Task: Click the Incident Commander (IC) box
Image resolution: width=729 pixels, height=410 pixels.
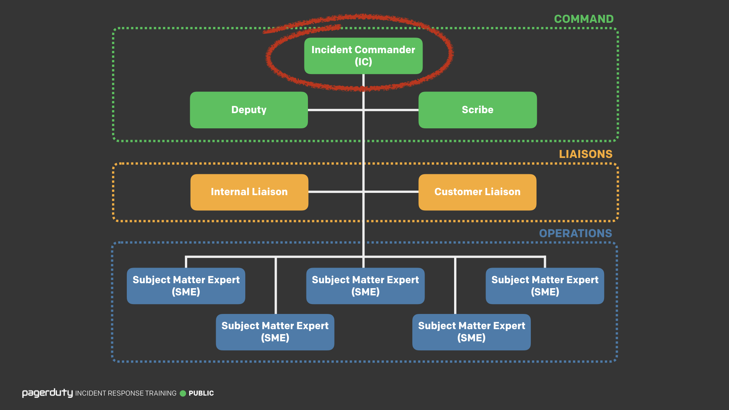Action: click(363, 56)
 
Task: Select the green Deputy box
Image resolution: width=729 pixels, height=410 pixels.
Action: click(249, 110)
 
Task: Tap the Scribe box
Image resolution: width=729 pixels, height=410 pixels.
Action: click(477, 110)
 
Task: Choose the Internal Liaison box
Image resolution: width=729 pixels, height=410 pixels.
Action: click(249, 192)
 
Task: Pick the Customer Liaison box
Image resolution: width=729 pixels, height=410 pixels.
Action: click(477, 192)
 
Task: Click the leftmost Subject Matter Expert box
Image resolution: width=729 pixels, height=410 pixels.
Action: click(186, 286)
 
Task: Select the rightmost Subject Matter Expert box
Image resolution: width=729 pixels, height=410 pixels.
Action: click(544, 286)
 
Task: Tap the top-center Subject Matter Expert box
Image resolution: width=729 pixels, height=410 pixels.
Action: click(365, 286)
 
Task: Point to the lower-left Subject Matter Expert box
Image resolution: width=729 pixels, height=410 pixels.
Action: click(275, 332)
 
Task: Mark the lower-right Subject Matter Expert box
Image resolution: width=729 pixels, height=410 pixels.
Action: click(471, 332)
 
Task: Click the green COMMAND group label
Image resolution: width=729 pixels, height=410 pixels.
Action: click(584, 19)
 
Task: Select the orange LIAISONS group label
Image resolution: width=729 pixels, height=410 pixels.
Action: click(585, 154)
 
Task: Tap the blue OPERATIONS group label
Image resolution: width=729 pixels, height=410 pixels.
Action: click(575, 233)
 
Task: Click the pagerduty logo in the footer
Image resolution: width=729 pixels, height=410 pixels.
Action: click(47, 393)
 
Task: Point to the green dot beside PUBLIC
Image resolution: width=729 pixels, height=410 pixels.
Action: click(183, 393)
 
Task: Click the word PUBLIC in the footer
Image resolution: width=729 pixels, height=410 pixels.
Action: click(201, 393)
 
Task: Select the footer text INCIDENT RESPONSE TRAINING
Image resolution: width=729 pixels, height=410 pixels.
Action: click(126, 393)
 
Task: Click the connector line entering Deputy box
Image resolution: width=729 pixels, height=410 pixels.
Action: click(334, 110)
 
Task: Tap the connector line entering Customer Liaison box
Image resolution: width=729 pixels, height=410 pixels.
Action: click(391, 192)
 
